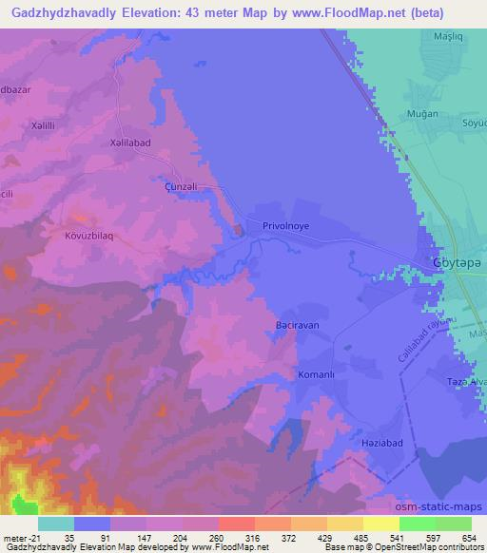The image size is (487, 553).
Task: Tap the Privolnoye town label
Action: pyautogui.click(x=288, y=227)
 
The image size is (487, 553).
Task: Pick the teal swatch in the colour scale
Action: pyautogui.click(x=55, y=524)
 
